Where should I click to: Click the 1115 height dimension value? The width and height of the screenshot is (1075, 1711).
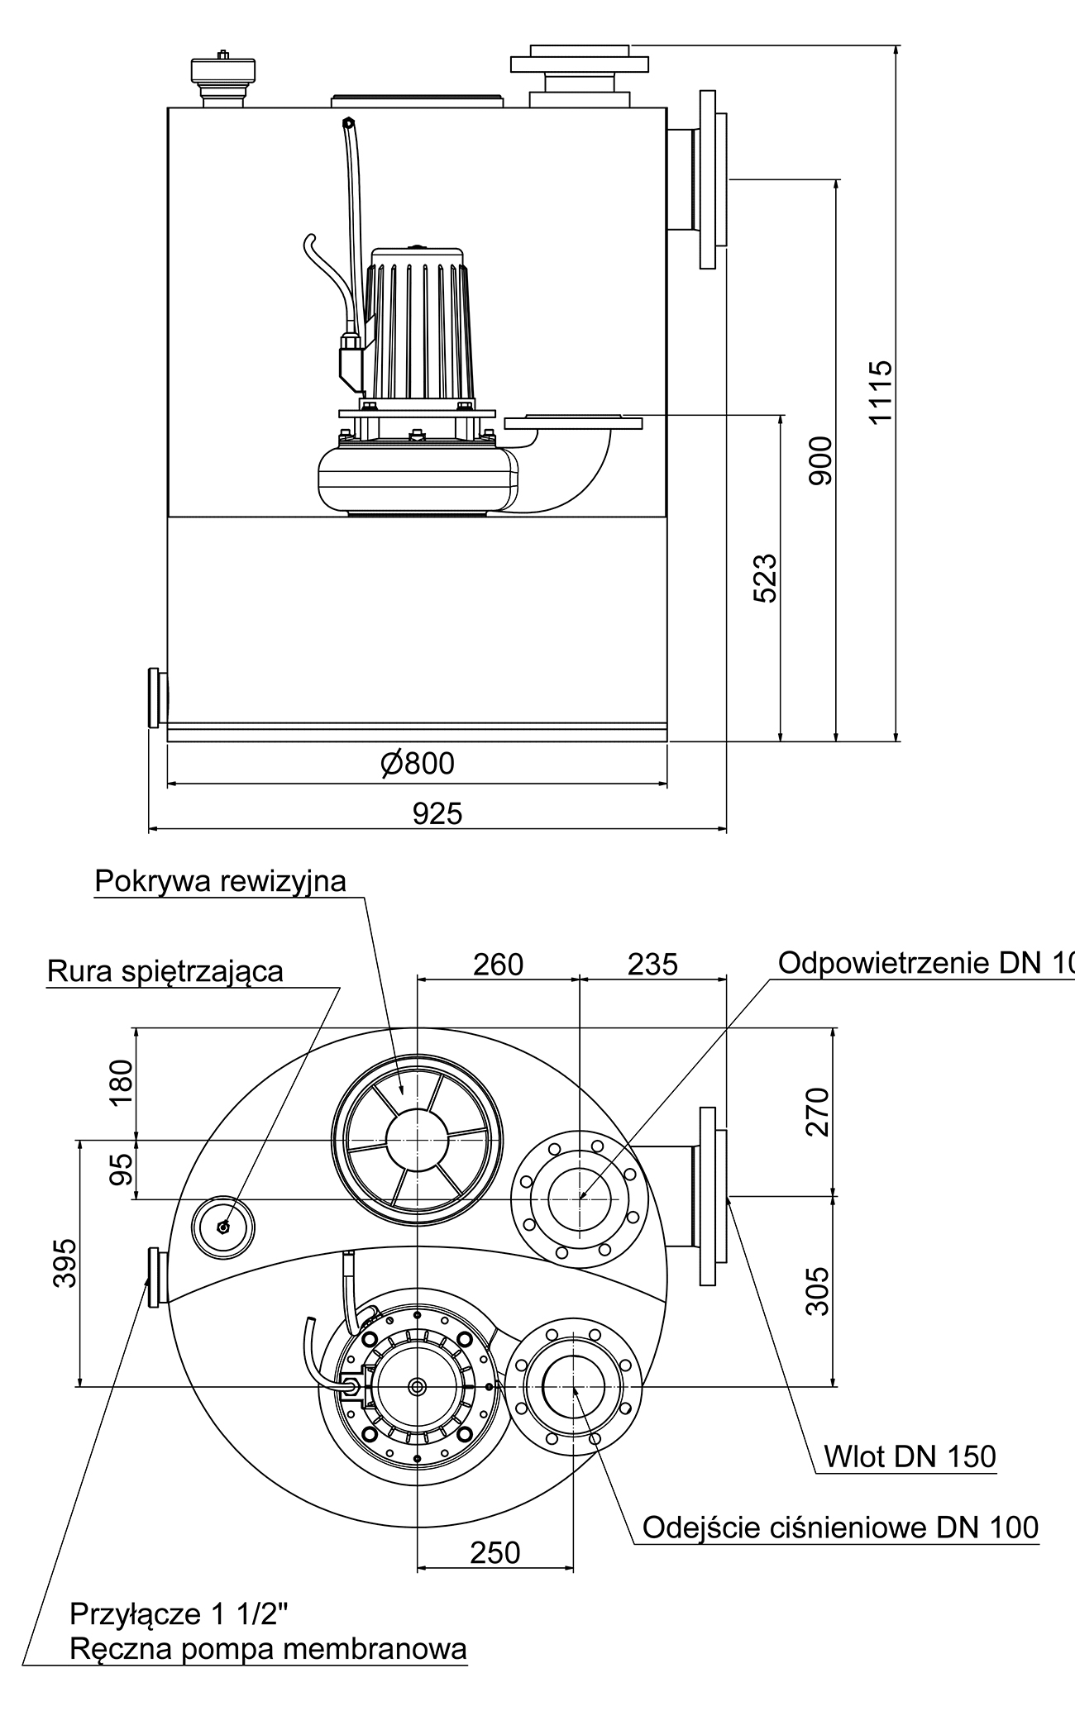pyautogui.click(x=881, y=391)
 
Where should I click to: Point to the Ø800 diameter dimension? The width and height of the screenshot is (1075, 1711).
pyautogui.click(x=418, y=763)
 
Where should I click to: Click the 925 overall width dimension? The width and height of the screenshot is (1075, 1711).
pyautogui.click(x=437, y=814)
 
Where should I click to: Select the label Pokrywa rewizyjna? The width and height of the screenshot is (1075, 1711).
pyautogui.click(x=220, y=881)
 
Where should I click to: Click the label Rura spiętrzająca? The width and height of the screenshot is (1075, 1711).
pyautogui.click(x=165, y=971)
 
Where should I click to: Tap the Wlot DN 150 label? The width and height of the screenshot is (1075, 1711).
pyautogui.click(x=910, y=1456)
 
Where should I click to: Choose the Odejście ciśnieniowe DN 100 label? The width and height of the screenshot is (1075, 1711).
pyautogui.click(x=840, y=1527)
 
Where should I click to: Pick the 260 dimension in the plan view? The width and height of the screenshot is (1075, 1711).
pyautogui.click(x=499, y=964)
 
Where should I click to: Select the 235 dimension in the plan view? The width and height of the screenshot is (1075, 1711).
pyautogui.click(x=652, y=964)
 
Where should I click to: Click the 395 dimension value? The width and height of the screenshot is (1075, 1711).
pyautogui.click(x=64, y=1262)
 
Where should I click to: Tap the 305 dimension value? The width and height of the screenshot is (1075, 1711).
pyautogui.click(x=817, y=1290)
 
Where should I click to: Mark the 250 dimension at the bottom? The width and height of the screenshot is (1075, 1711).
pyautogui.click(x=495, y=1553)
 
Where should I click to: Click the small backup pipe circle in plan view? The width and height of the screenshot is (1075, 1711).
pyautogui.click(x=222, y=1227)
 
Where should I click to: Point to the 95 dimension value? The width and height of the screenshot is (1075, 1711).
pyautogui.click(x=122, y=1170)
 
